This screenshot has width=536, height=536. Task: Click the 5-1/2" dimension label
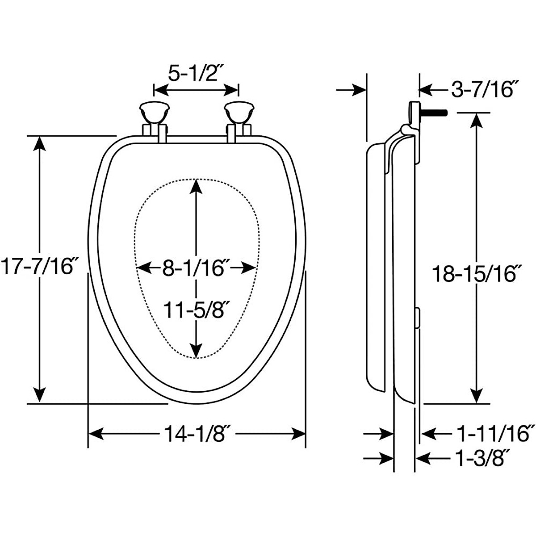(195, 73)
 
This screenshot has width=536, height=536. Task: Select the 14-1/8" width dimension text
(196, 433)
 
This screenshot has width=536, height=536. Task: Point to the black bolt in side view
(435, 113)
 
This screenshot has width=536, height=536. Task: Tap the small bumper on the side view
(417, 317)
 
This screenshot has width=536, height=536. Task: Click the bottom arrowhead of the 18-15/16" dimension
(477, 395)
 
